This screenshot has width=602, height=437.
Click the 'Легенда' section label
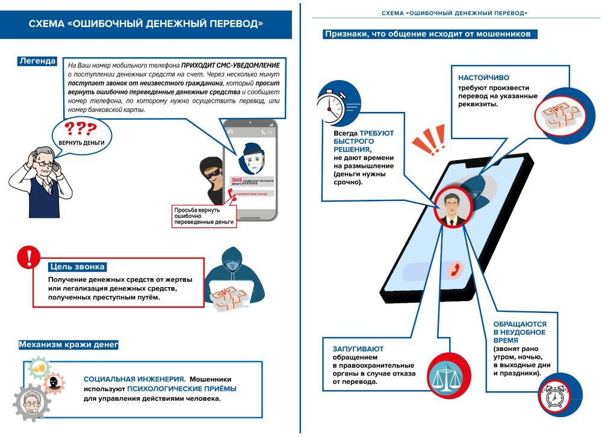pos(37,61)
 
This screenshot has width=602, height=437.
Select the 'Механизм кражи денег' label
pos(68,345)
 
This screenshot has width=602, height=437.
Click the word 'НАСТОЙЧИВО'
pos(483,78)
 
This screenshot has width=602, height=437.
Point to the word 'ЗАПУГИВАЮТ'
pos(358,349)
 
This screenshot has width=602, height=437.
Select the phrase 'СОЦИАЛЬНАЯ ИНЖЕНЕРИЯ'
pos(134,379)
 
